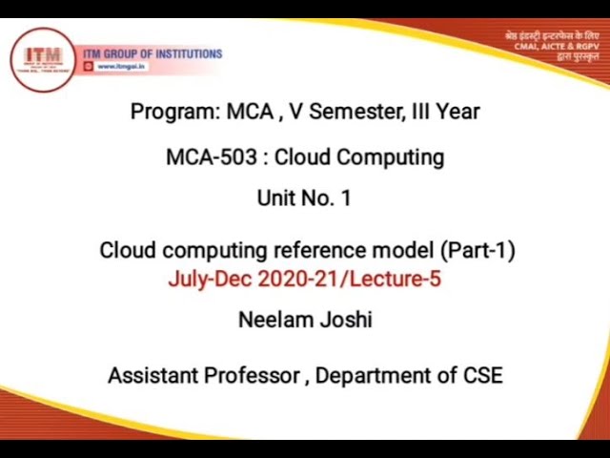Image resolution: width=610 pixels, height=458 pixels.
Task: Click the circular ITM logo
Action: coord(42,58)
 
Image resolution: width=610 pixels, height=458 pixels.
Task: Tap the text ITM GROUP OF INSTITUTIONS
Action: coord(152,54)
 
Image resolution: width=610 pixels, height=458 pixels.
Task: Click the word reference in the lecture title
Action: coord(319,250)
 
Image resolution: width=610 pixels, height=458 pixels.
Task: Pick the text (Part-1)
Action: coord(478,250)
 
